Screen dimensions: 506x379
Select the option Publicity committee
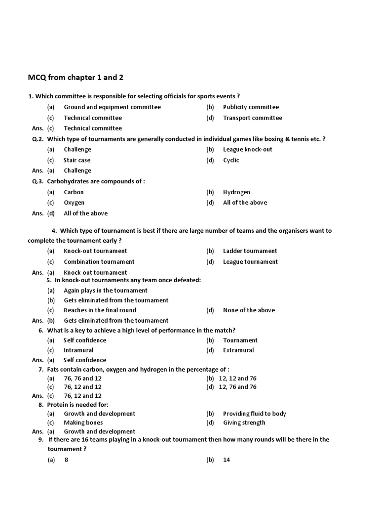251,107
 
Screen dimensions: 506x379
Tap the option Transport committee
253,118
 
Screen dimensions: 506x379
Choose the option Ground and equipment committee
112,107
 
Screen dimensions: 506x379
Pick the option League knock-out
247,149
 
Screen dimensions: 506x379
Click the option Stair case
77,160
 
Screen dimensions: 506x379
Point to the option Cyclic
231,160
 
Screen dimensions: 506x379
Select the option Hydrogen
236,192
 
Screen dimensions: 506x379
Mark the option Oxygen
74,203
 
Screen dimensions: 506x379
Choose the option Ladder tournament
250,251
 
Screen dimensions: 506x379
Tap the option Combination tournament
99,262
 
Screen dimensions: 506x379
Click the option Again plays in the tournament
106,291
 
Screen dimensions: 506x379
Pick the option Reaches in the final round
100,310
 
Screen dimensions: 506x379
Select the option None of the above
249,310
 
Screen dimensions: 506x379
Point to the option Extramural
238,350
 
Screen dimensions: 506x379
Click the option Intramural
78,350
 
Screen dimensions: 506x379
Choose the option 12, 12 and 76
237,379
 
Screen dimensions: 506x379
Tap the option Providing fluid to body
254,414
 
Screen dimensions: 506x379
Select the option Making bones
83,422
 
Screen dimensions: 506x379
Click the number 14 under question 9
226,460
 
